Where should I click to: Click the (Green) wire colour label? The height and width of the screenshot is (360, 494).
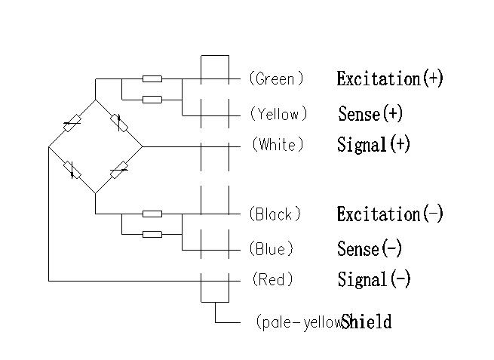[x=276, y=78]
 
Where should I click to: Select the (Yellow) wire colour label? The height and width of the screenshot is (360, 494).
[x=278, y=115]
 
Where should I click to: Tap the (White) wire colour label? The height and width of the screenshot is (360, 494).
[x=278, y=145]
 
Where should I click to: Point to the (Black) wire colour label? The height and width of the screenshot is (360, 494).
[x=277, y=215]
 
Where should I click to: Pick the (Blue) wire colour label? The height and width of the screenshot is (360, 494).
[x=272, y=249]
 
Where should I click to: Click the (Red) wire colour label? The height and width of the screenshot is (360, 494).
[x=272, y=280]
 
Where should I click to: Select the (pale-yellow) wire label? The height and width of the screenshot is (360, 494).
[x=299, y=323]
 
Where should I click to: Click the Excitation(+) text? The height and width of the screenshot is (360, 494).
[x=390, y=78]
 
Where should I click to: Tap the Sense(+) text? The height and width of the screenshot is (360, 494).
[x=370, y=115]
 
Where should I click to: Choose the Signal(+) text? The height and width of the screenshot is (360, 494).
[x=373, y=145]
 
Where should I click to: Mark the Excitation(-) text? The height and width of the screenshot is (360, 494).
[x=390, y=214]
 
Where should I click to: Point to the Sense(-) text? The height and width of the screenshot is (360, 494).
[x=370, y=249]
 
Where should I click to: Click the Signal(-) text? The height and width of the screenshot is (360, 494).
[x=374, y=280]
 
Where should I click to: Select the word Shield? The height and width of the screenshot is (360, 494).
[x=367, y=322]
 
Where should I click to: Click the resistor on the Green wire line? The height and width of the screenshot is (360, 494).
[x=152, y=78]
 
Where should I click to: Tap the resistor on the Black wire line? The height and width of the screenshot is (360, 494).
[x=152, y=214]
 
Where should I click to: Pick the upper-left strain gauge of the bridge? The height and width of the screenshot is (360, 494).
[x=72, y=123]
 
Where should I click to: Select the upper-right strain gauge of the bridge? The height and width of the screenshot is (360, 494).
[x=118, y=122]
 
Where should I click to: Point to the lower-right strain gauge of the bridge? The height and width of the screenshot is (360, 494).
[x=118, y=170]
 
